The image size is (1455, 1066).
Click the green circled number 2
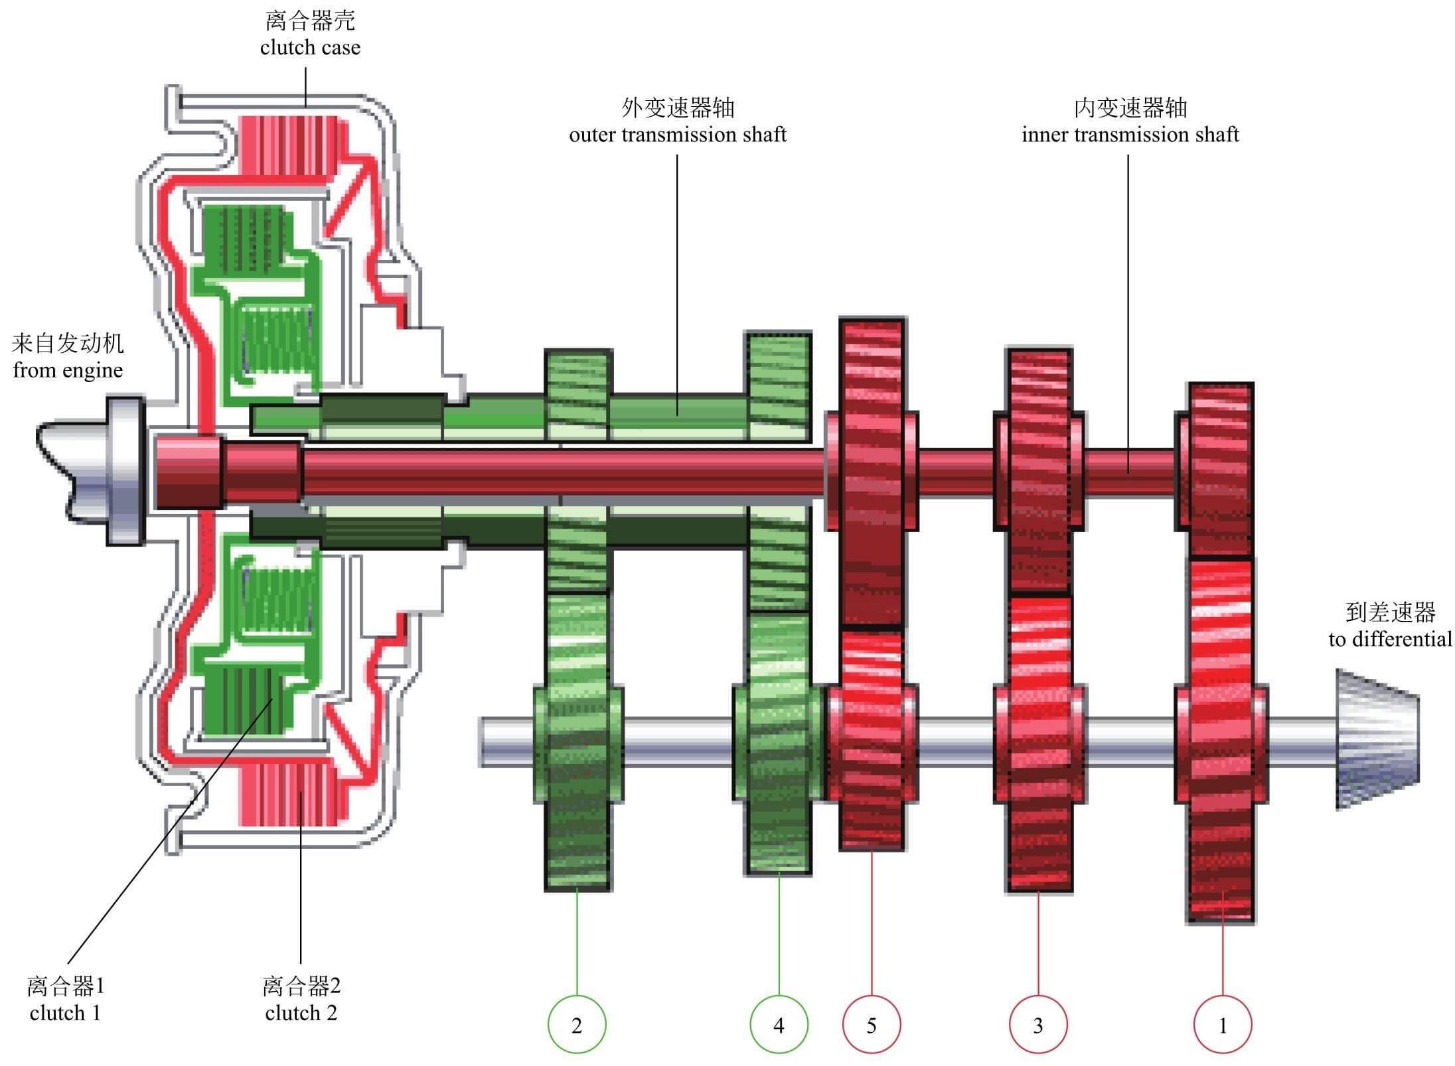[576, 1025]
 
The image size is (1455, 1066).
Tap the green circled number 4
[779, 1025]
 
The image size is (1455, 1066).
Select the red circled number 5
[872, 1025]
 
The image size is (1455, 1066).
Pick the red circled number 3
[1038, 1025]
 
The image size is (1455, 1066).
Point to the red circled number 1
[1223, 1025]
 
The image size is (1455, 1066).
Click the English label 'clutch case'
[310, 48]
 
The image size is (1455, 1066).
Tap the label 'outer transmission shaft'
[677, 135]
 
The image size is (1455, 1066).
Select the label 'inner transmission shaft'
[1130, 135]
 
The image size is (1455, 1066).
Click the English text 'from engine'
[68, 370]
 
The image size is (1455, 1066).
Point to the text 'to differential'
[1390, 639]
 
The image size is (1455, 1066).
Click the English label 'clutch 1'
[65, 1013]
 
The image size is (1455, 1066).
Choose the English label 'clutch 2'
[301, 1013]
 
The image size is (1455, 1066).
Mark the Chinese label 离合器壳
[310, 21]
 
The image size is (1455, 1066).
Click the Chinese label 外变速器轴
[677, 107]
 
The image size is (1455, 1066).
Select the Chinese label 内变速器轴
[1130, 107]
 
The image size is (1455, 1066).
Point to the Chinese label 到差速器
[1390, 612]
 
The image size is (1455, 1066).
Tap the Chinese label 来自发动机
[68, 344]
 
